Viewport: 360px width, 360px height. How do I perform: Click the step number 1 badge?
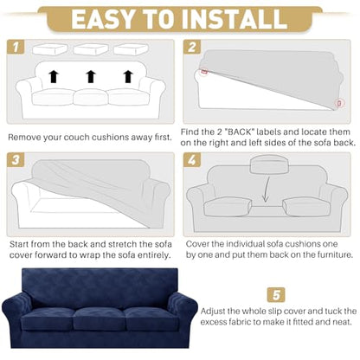[16, 47]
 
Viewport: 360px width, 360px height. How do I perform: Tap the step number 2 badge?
[192, 47]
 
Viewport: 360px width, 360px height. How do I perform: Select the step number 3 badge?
[16, 159]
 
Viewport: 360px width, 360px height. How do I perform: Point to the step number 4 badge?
[192, 159]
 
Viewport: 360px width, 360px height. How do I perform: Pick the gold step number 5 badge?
[276, 295]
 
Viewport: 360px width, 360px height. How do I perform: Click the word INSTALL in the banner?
[235, 19]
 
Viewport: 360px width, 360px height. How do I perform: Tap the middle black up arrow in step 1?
[91, 76]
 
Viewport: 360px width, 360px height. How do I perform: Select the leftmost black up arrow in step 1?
[54, 76]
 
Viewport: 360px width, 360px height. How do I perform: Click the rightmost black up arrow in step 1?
[128, 76]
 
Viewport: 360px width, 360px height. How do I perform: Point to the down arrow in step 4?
[267, 190]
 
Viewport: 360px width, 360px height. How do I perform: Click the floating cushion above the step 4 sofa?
[269, 164]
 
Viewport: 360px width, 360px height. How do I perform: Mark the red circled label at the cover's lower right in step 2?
[339, 103]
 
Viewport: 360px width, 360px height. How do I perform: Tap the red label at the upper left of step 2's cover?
[204, 71]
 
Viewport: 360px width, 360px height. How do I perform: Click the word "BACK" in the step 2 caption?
[240, 132]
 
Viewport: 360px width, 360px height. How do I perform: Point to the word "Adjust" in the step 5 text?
[213, 312]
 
